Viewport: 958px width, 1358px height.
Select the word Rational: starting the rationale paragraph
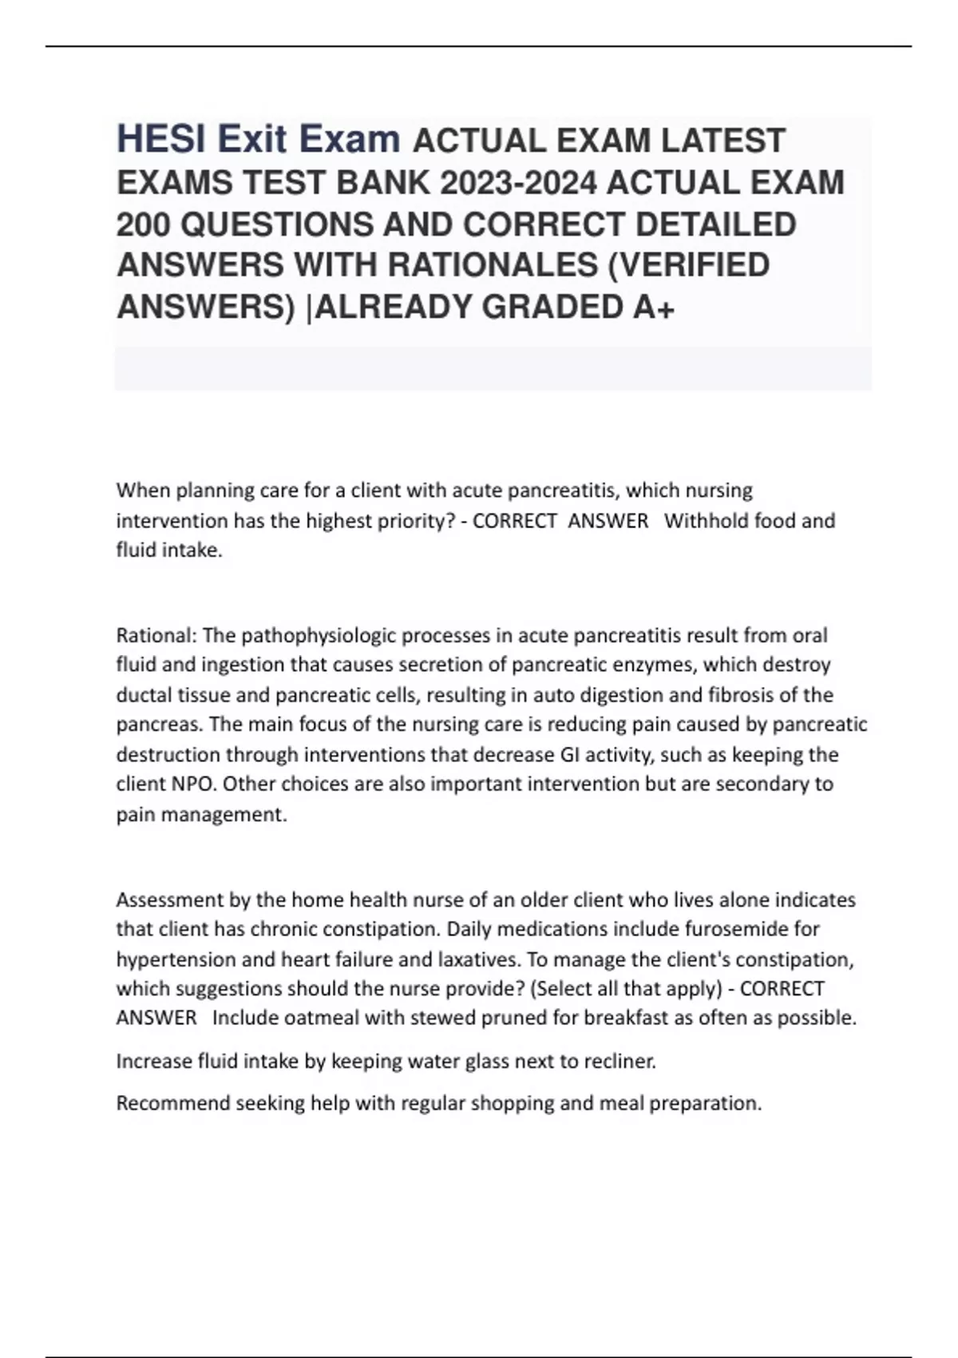[x=156, y=635]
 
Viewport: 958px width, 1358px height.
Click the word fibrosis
[x=745, y=695]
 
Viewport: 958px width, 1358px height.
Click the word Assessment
[x=169, y=899]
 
